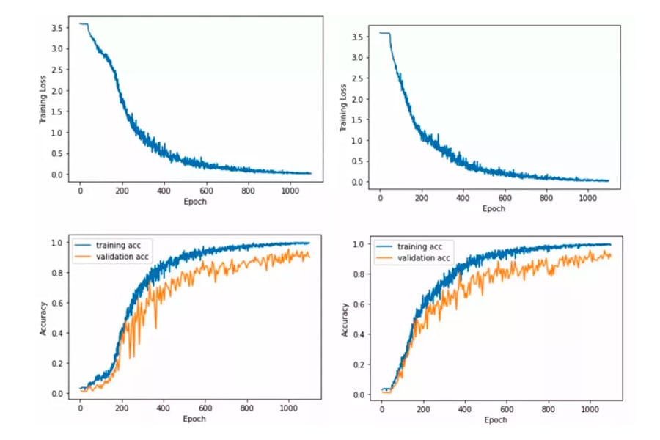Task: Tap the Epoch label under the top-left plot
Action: point(194,202)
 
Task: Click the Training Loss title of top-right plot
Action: point(342,109)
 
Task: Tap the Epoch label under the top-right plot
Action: point(494,209)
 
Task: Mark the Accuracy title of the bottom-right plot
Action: point(344,320)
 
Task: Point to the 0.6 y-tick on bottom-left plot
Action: point(60,302)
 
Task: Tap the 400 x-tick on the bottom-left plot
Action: point(163,408)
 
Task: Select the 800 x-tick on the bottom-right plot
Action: point(546,409)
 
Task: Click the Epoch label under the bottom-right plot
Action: point(495,420)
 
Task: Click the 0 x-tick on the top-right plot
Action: point(380,197)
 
